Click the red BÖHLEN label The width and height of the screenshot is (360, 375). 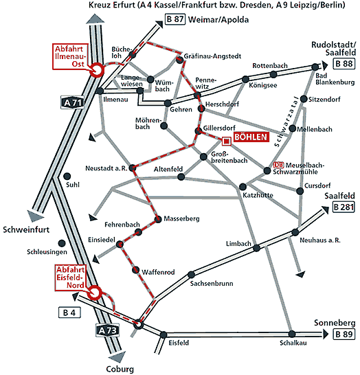tap(251, 137)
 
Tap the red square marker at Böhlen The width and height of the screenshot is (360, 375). tap(226, 141)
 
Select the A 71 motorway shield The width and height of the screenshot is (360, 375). tap(73, 102)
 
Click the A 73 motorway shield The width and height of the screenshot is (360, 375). tap(107, 330)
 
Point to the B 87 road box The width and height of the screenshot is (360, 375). tap(175, 19)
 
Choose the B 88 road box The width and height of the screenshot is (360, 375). tap(344, 64)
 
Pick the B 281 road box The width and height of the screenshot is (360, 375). tap(344, 207)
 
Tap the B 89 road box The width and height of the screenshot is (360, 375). tap(344, 334)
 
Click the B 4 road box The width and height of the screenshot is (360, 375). tap(69, 312)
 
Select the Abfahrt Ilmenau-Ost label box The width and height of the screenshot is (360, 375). tap(70, 56)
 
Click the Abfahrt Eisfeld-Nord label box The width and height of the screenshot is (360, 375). tap(70, 277)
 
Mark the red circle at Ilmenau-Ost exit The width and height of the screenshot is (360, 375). tap(97, 70)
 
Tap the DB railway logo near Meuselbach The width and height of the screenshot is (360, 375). tap(278, 165)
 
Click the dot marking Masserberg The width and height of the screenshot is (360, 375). tap(158, 219)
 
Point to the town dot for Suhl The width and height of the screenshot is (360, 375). tap(67, 177)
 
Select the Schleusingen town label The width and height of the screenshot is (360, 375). tap(47, 252)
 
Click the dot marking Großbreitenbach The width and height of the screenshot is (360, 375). tap(203, 157)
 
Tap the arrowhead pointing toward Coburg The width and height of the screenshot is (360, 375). tap(117, 357)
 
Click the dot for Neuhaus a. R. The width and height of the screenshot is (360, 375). tap(295, 232)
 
